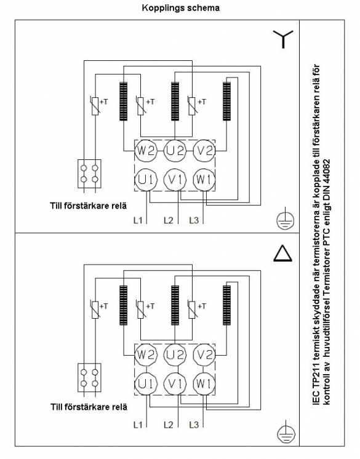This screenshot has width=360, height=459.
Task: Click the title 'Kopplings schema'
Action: point(180,7)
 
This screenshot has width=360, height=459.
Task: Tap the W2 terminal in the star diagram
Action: point(146,151)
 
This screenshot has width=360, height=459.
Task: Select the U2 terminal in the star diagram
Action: point(175,151)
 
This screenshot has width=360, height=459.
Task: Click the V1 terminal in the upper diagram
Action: point(175,180)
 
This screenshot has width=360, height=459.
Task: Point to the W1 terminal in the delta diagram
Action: point(204,384)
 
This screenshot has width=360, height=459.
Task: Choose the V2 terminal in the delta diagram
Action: point(204,355)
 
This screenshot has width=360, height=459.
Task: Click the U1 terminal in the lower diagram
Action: point(146,384)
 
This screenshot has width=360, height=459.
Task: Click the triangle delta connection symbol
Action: point(282,253)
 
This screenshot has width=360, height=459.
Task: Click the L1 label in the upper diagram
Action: point(138,220)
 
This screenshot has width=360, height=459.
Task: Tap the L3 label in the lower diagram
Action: point(194,425)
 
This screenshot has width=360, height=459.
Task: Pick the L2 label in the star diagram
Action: point(168,220)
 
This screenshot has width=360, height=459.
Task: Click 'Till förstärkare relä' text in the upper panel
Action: point(89,206)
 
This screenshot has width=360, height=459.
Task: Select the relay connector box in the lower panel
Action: point(89,378)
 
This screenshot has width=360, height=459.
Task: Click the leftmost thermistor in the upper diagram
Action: point(95,105)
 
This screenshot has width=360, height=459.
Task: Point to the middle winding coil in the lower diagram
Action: point(175,305)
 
